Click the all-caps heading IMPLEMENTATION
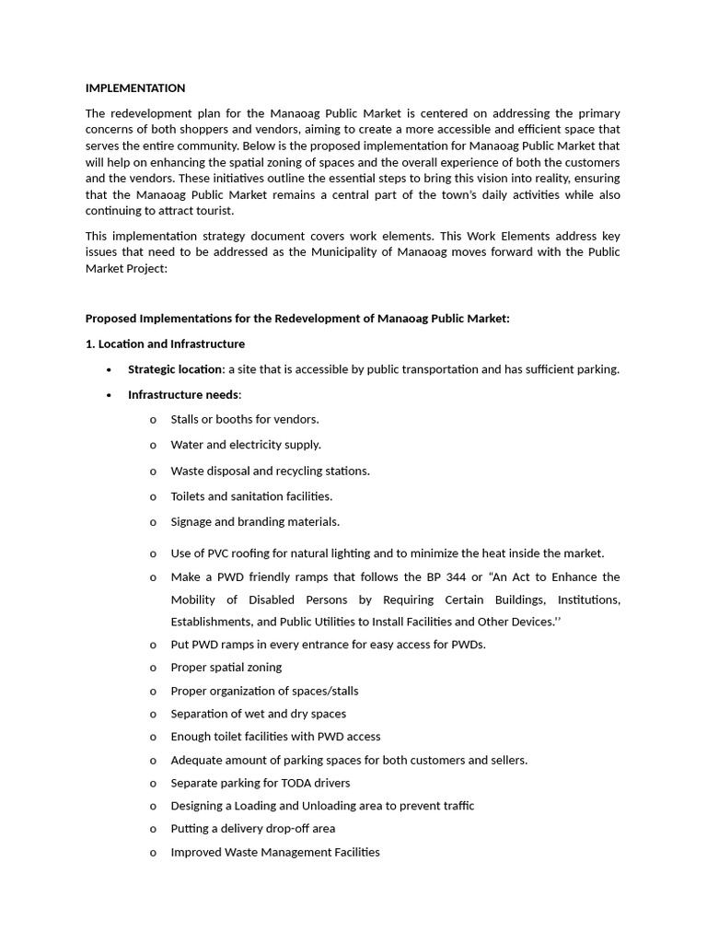pos(135,88)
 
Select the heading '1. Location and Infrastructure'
pos(165,343)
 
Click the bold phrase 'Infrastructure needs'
pos(183,395)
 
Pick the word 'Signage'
pos(193,521)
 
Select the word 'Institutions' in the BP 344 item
pos(585,600)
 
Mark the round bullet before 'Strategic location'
pos(110,370)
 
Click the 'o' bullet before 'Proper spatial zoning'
pos(152,668)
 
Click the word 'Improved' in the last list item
pos(196,852)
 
